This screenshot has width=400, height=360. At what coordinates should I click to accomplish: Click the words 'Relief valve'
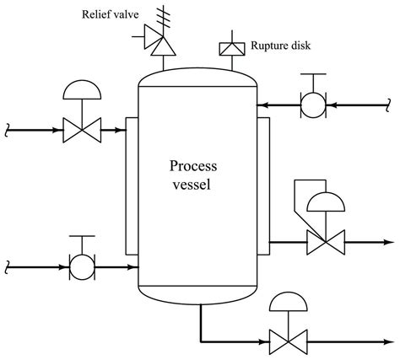110,14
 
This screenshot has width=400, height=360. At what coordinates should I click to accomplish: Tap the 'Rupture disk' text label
280,46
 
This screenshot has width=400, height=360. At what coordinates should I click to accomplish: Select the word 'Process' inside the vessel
193,166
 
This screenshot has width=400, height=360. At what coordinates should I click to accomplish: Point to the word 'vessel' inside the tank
192,185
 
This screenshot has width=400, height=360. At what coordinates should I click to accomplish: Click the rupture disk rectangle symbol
232,49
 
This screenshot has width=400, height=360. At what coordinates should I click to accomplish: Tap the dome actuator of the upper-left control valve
82,90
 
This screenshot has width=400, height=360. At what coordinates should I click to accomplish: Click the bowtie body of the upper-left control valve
82,130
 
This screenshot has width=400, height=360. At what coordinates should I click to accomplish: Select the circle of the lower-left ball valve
82,267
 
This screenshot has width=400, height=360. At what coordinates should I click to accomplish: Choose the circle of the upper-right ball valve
313,105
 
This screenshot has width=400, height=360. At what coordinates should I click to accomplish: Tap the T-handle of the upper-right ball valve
313,83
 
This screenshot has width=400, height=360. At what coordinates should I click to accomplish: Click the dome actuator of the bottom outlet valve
288,302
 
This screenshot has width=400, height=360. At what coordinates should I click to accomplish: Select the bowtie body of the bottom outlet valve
288,342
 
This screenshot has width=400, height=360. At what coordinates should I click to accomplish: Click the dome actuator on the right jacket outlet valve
326,201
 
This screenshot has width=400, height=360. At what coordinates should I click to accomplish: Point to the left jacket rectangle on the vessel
132,186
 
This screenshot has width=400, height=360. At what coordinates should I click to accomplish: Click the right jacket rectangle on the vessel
263,186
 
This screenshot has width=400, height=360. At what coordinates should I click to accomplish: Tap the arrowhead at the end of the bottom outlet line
388,342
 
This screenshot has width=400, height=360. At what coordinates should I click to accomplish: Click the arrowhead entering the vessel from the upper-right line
262,105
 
